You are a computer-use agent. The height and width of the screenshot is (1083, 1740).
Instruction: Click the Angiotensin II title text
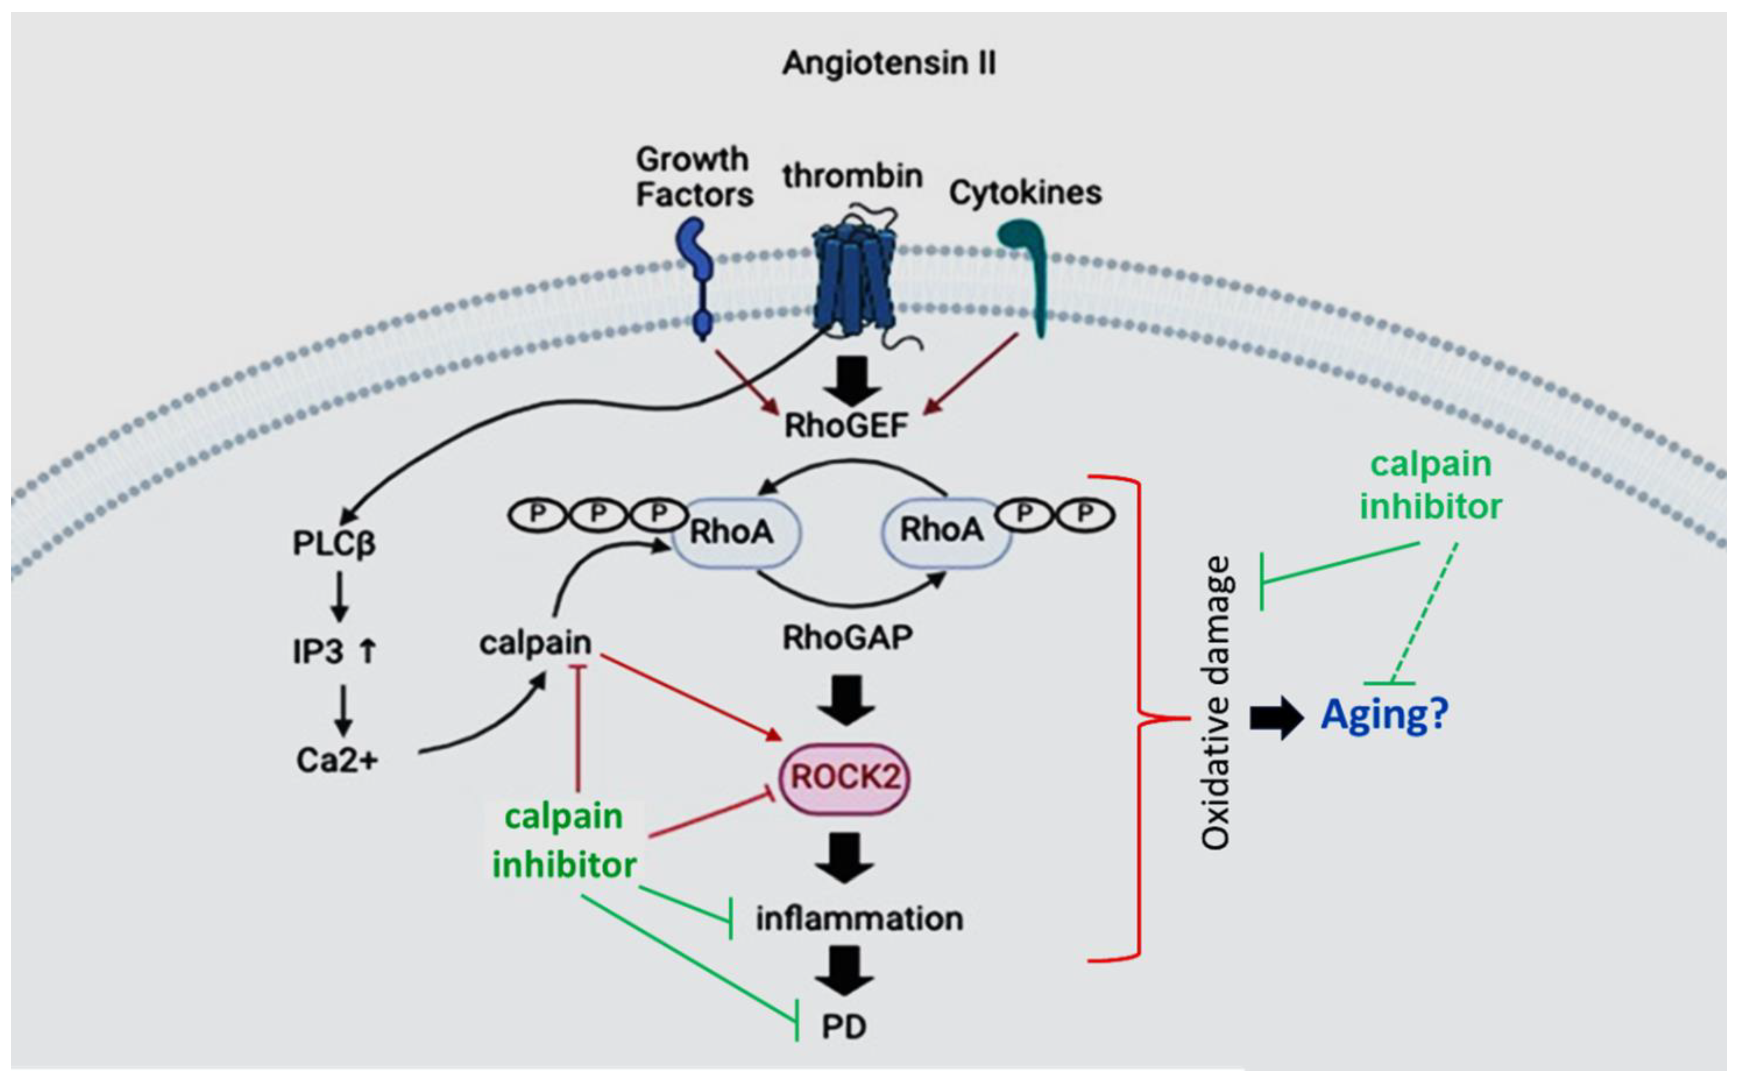889,63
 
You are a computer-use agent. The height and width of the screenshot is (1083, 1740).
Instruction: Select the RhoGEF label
845,426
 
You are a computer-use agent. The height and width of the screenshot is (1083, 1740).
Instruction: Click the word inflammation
859,918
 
